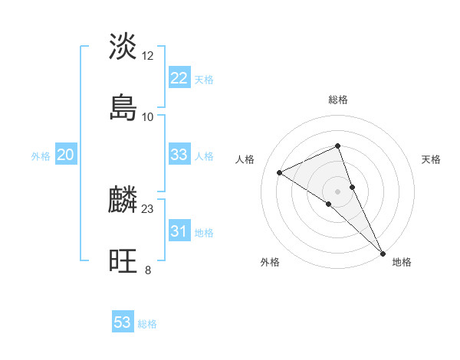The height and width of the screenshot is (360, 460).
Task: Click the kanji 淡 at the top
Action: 123,46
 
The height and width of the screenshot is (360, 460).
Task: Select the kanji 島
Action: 123,107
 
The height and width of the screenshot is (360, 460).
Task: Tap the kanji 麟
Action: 123,201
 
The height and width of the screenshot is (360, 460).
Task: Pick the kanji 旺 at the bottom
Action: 123,262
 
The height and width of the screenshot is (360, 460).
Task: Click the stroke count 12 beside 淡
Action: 148,56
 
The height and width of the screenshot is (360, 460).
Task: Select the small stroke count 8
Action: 148,270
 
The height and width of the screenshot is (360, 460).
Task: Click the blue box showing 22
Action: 179,78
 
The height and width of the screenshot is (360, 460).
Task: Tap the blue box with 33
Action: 179,155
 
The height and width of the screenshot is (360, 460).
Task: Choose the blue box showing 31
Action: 179,231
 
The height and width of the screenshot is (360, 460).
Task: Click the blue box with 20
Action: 66,155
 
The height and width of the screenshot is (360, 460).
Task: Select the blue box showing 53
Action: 123,322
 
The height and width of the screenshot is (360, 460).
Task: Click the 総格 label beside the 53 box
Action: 147,324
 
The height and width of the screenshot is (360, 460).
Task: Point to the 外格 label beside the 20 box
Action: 41,156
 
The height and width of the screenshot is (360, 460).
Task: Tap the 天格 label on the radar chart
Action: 431,159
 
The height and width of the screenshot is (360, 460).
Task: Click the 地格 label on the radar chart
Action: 402,263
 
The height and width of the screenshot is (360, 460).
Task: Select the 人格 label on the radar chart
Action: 245,159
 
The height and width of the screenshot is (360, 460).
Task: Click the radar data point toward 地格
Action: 382,252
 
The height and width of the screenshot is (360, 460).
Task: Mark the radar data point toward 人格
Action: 280,172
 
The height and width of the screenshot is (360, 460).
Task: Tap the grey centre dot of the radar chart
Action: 337,191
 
